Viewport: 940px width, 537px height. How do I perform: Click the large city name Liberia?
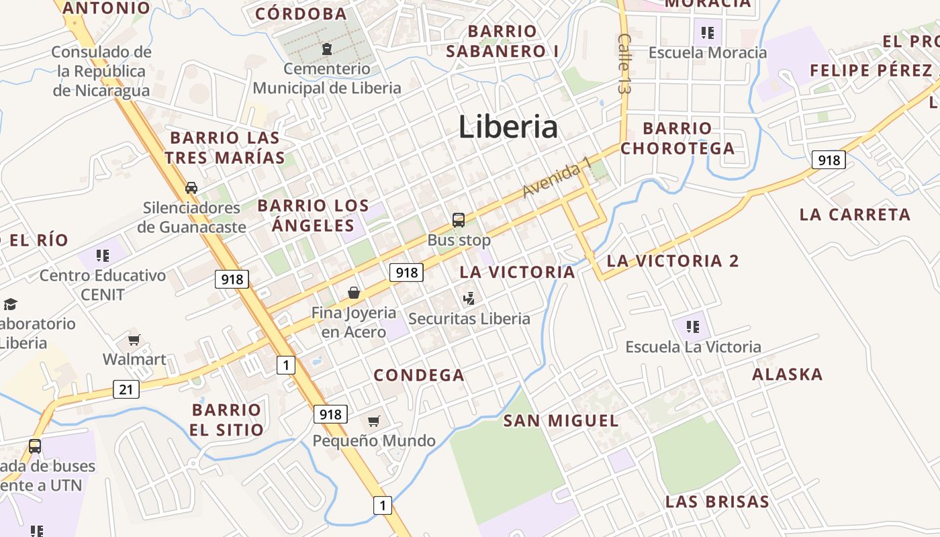point(508,127)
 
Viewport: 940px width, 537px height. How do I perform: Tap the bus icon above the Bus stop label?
point(459,219)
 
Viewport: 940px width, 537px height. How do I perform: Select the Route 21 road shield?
point(126,389)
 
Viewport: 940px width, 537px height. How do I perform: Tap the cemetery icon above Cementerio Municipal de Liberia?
point(327,49)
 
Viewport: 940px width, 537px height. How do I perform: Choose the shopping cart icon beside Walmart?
point(134,340)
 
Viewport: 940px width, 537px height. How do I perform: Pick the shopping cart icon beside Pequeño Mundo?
point(374,421)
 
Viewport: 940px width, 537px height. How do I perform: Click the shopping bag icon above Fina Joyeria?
point(354,293)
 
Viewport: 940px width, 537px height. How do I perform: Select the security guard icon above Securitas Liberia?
point(469,299)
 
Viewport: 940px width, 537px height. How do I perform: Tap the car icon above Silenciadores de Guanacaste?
point(191,187)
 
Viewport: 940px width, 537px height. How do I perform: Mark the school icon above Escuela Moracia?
point(707,32)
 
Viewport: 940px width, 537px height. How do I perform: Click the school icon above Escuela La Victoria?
point(693,327)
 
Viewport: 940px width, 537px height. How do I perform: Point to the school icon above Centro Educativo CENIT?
point(102,255)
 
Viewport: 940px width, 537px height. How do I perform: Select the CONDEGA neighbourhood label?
point(419,375)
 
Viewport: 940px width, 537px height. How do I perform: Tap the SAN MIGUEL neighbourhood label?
point(561,421)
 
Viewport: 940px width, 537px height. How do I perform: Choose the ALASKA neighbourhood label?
point(787,374)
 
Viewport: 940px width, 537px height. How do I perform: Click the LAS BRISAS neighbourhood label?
point(717,501)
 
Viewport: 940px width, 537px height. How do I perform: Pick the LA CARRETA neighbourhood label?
point(855,215)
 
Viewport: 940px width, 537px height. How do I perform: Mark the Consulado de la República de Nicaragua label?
point(101,71)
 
